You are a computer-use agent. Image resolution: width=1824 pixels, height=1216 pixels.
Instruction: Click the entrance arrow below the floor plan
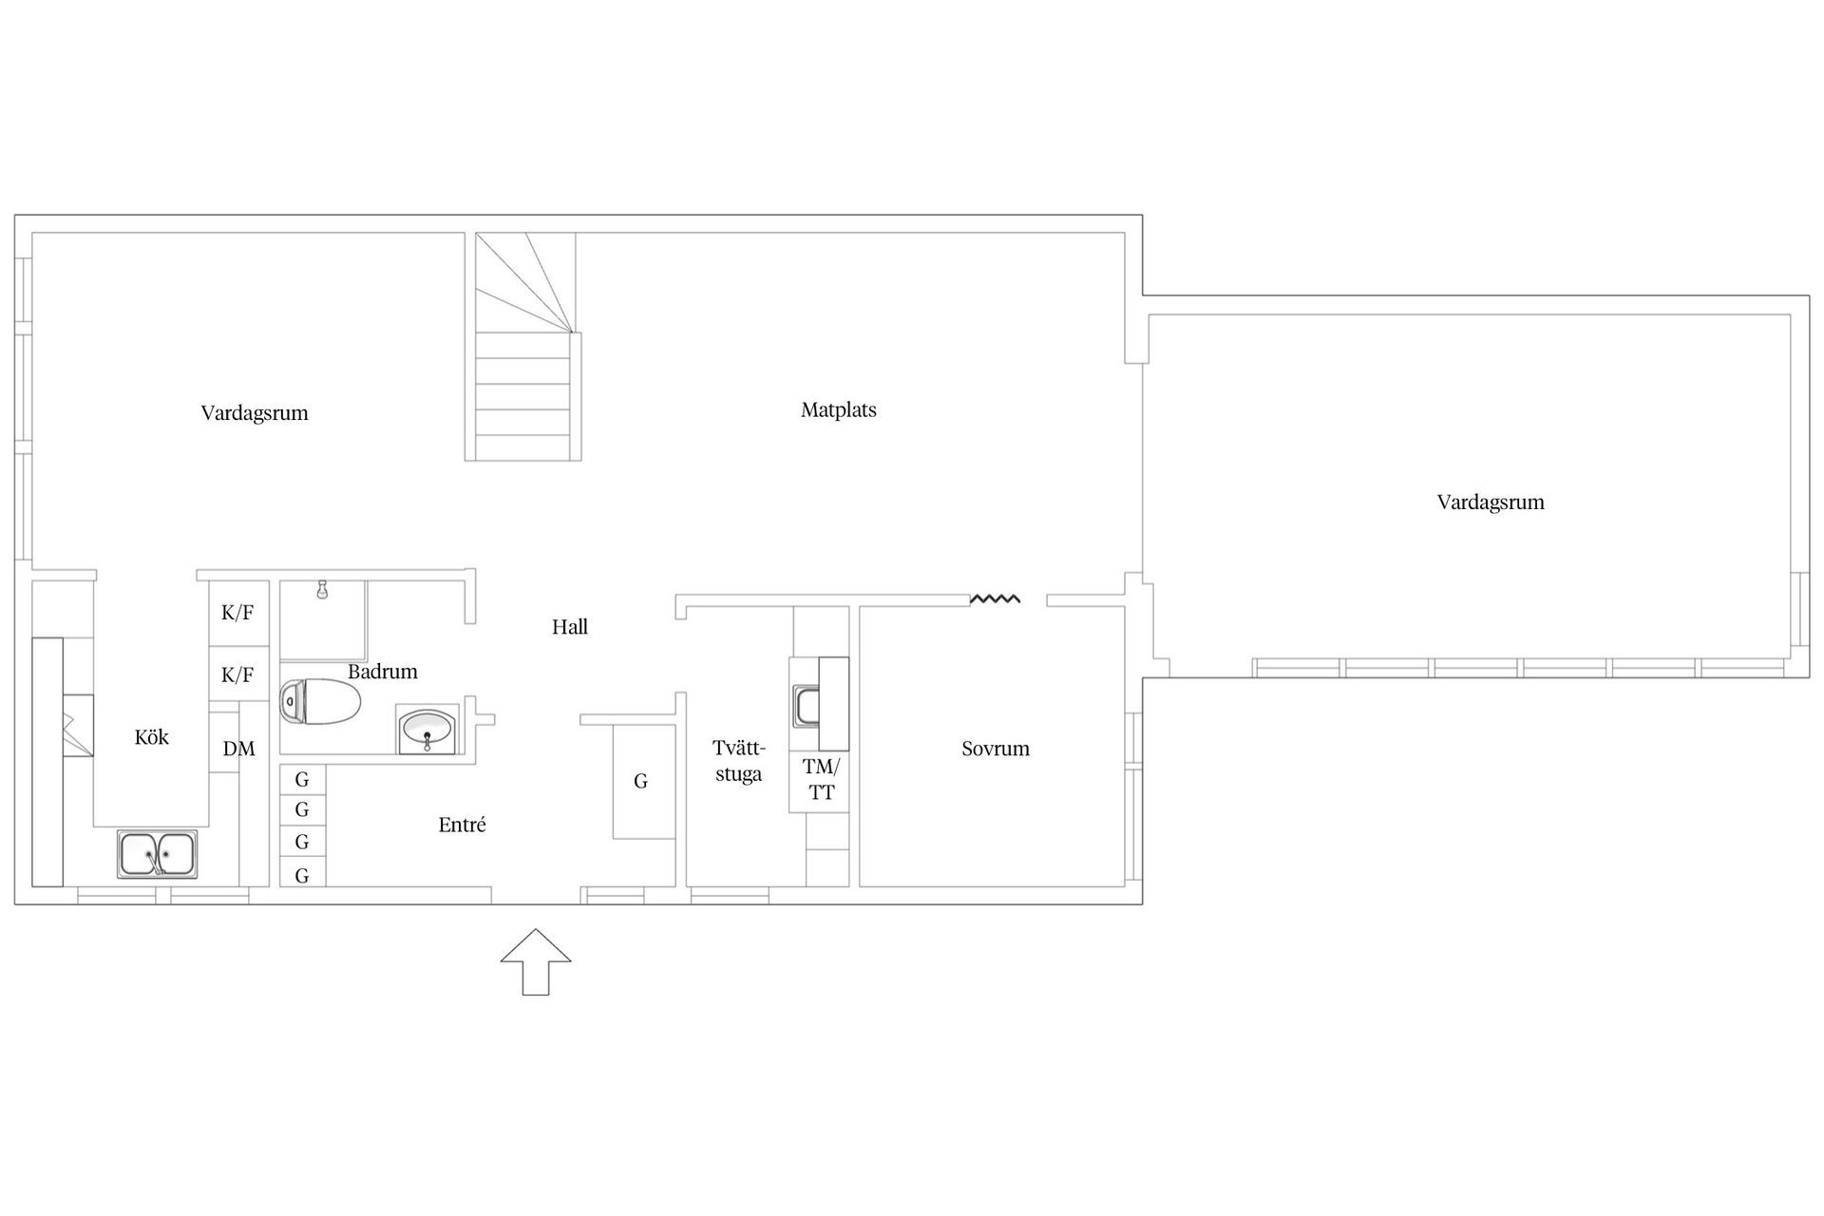coord(536,961)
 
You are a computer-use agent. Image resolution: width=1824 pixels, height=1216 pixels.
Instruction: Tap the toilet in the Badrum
coord(320,702)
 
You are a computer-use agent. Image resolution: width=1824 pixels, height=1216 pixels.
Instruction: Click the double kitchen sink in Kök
coord(158,854)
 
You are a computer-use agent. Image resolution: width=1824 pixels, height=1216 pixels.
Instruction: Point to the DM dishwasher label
coord(239,749)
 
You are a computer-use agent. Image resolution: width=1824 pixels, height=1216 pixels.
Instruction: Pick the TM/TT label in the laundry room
coord(822,779)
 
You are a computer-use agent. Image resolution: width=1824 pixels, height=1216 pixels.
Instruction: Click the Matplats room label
coord(839,409)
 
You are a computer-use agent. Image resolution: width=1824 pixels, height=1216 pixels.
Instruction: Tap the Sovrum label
coord(996,748)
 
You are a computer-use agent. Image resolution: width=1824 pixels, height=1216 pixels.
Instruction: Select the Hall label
coord(570,626)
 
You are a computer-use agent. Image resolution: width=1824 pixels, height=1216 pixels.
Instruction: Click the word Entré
coord(463,825)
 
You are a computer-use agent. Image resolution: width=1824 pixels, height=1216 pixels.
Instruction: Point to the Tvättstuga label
coord(739,761)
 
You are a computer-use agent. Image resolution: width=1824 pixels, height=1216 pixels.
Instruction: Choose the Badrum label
coord(383,672)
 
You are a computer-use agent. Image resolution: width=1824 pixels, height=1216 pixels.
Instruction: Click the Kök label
coord(152,736)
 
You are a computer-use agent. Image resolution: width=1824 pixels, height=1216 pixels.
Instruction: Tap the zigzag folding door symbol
coord(995,598)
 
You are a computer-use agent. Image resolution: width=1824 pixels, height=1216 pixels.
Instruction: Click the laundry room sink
coord(807,706)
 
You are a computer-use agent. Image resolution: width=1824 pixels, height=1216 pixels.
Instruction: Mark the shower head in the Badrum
coord(323,590)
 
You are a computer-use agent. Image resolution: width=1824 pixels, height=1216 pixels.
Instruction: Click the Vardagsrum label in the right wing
coord(1491,502)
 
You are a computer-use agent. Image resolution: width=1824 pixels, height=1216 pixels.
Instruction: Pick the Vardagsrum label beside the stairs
coord(255,412)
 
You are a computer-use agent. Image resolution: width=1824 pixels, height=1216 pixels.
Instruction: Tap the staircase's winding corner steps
coord(524,283)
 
